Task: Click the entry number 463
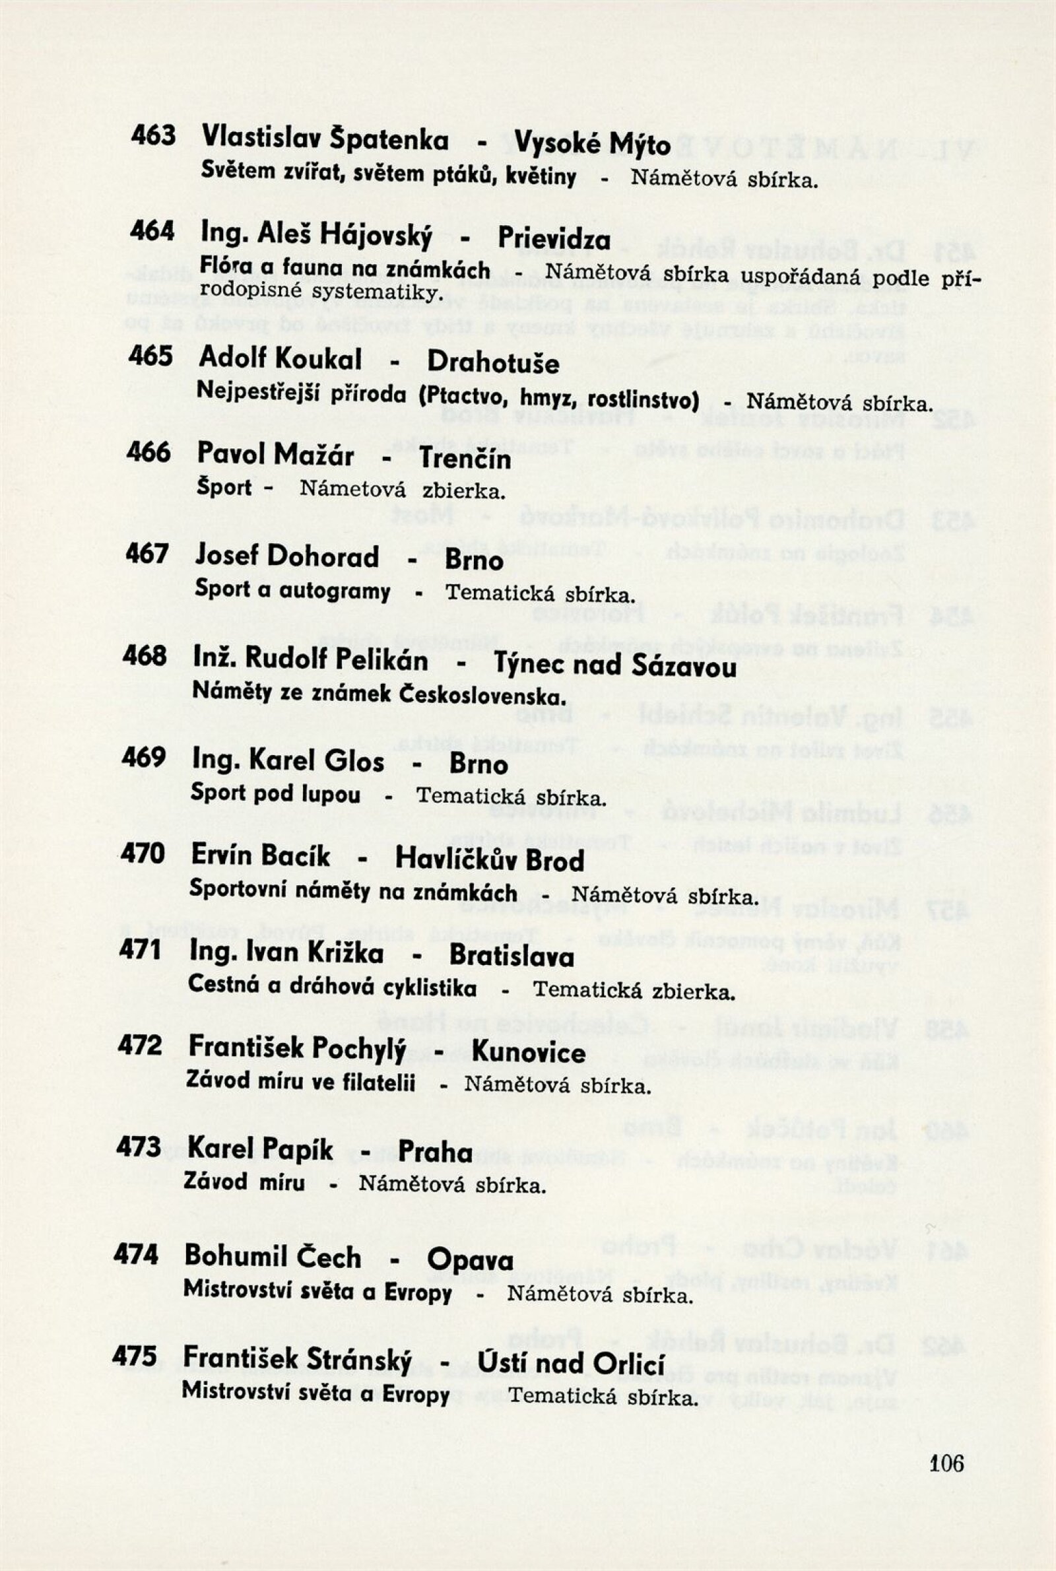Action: point(154,135)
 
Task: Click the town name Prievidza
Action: point(554,240)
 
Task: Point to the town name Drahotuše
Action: point(493,364)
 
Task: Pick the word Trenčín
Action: point(465,459)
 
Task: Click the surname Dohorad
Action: point(323,557)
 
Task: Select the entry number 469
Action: point(143,757)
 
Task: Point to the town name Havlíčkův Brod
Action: point(490,860)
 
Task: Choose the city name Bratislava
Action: point(512,956)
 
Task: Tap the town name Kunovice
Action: point(528,1052)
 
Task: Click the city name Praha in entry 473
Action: point(435,1151)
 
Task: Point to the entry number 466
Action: point(148,452)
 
